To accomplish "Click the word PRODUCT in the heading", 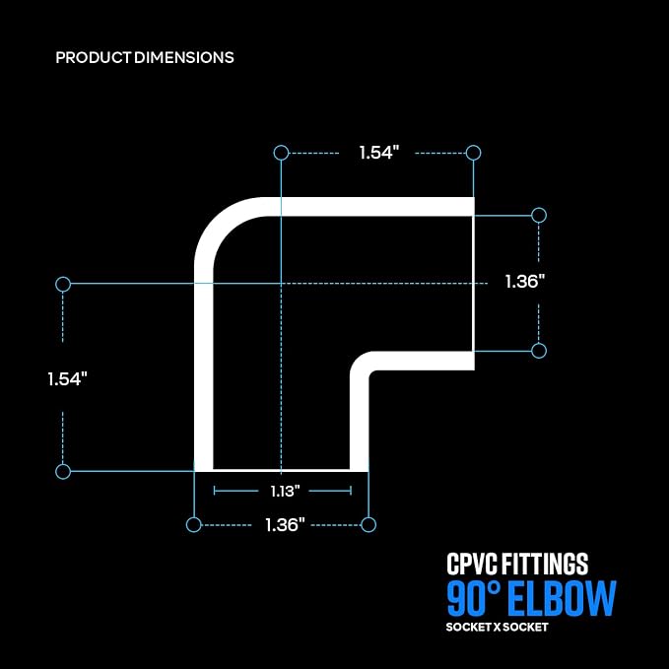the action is (x=93, y=57).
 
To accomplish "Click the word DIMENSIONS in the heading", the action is (x=184, y=57).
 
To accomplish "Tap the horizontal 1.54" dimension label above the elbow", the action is (x=379, y=153).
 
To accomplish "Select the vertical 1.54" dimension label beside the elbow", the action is (x=67, y=379).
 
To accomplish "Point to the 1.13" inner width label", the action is (x=286, y=491).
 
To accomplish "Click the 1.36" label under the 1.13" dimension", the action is (x=285, y=525).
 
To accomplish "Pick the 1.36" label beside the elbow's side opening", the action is (x=525, y=281).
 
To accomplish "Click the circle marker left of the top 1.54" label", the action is (x=281, y=153).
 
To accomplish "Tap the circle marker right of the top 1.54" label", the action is (x=473, y=153).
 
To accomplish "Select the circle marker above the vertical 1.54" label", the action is (x=63, y=284).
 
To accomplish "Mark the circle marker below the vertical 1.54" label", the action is (x=63, y=472).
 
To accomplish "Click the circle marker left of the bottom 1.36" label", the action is (x=194, y=525).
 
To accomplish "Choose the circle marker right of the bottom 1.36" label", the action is (x=368, y=525).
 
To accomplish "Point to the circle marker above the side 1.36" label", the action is (x=539, y=216).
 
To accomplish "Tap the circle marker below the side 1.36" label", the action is (x=539, y=351).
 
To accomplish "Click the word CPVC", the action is (x=472, y=564).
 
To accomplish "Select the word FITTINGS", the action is (x=545, y=564).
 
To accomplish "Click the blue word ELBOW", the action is (x=563, y=598).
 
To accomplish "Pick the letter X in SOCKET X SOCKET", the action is (x=497, y=628).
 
